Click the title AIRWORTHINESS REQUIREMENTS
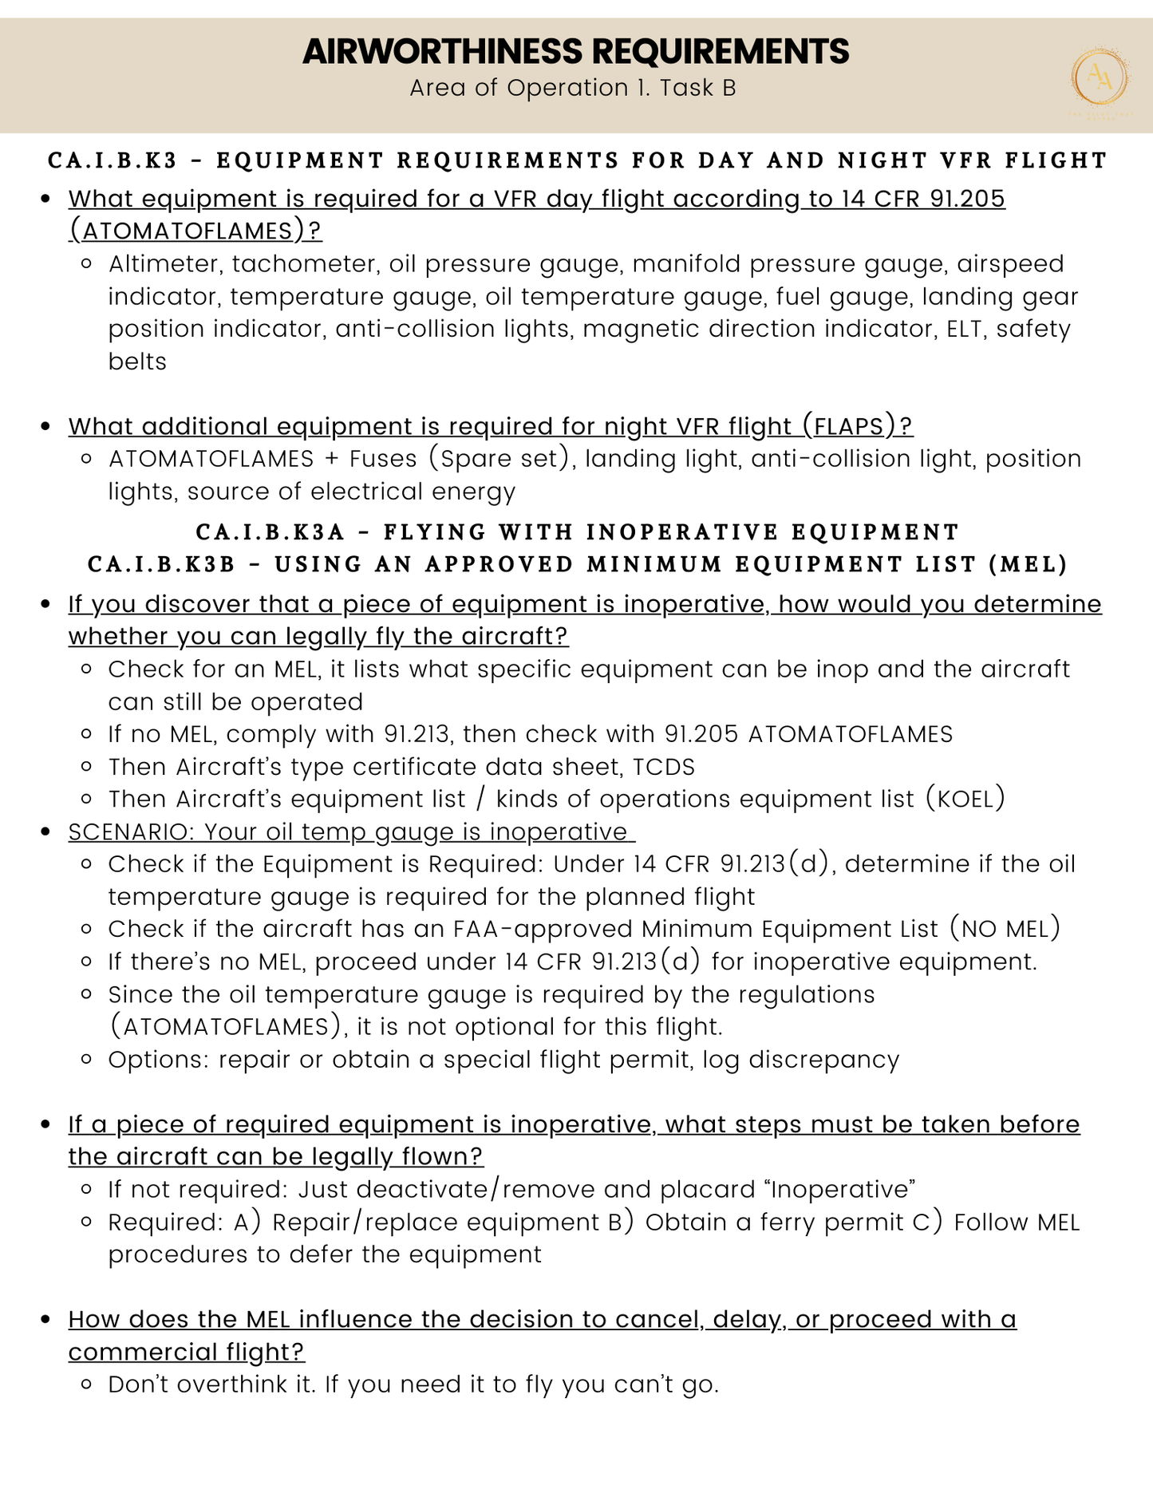575,51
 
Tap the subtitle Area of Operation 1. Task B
572,88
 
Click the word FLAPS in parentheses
848,427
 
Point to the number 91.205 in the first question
967,199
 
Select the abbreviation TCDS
663,767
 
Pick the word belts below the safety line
137,361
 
